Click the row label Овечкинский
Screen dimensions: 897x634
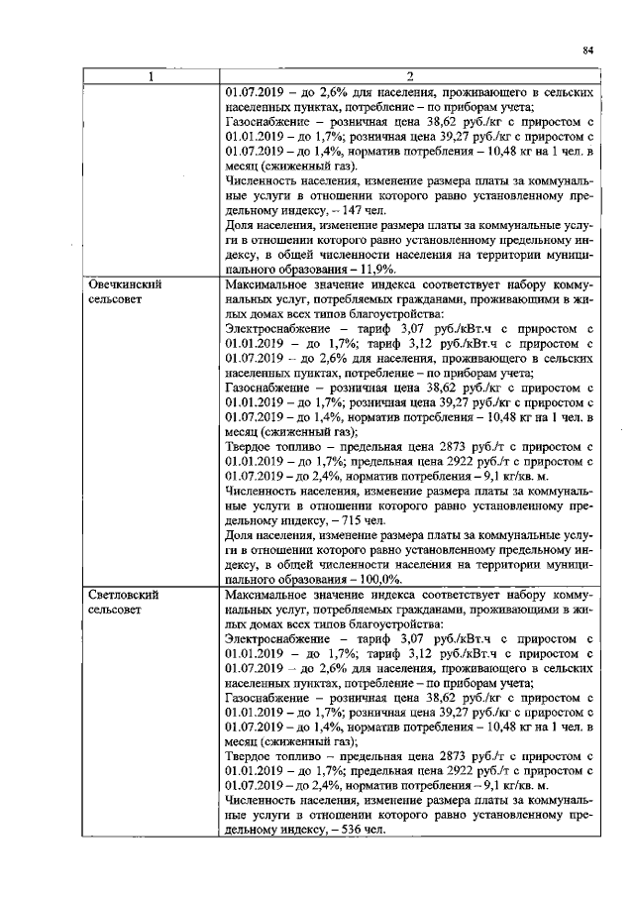[x=124, y=283]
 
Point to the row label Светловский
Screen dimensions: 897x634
[x=124, y=595]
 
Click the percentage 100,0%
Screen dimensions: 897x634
[x=380, y=579]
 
